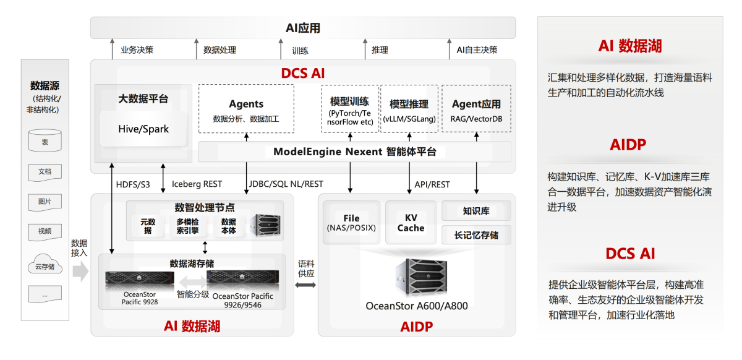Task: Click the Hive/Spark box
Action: (143, 129)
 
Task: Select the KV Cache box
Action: (411, 223)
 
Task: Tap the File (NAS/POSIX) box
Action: (351, 223)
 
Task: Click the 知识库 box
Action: (476, 211)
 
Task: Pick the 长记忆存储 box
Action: (476, 235)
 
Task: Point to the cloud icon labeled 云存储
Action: (45, 264)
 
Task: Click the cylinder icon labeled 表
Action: (45, 141)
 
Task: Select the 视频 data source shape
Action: (45, 232)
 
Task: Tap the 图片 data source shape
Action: (45, 202)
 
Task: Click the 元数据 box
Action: (148, 226)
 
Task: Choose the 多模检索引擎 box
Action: (187, 226)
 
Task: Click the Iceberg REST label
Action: (197, 184)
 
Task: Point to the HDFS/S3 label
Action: (133, 184)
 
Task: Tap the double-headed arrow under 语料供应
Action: (305, 285)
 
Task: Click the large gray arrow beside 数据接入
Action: (80, 271)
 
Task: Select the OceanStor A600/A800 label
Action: (417, 306)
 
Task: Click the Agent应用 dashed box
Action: (476, 109)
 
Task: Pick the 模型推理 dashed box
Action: (409, 109)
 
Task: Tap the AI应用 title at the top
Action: (303, 28)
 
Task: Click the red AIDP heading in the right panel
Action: (628, 145)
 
